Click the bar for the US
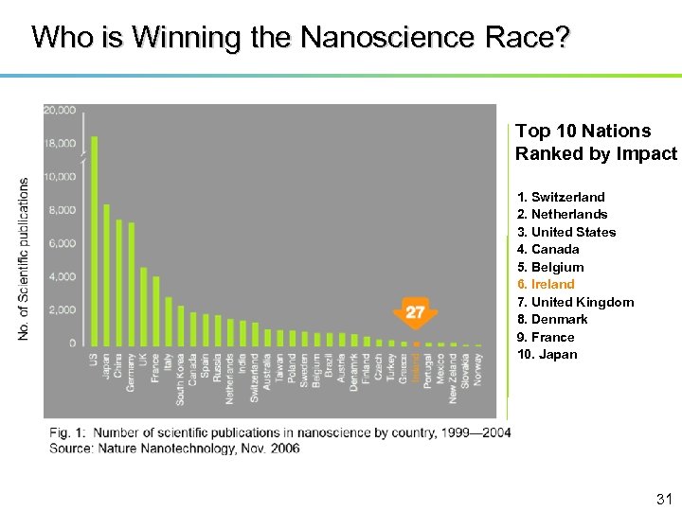94,241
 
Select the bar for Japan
106,274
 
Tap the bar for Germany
131,284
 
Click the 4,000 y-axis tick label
61,277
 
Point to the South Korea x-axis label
180,379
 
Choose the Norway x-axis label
477,368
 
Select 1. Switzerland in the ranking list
561,197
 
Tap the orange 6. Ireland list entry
546,284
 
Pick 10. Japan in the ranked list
547,354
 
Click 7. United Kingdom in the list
575,302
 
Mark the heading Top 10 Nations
583,131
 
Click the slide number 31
663,499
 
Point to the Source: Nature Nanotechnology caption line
174,448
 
